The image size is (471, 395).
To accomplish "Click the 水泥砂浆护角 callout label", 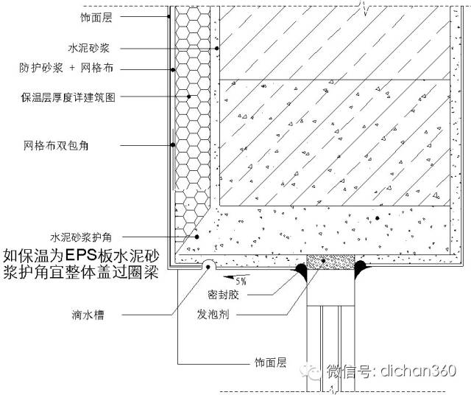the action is [80, 237].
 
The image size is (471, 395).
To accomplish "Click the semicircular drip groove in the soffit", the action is [208, 264].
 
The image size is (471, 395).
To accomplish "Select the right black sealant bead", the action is [363, 270].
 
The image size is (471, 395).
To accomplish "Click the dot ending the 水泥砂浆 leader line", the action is [218, 49].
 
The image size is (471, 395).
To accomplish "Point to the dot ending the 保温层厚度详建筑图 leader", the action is [189, 97].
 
